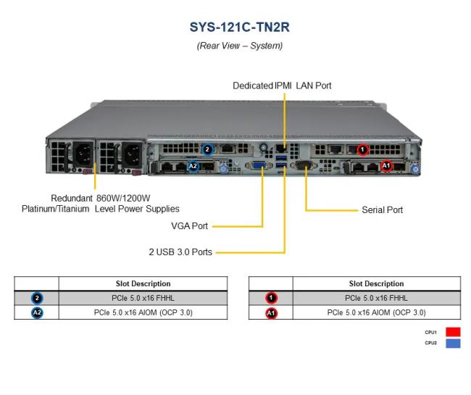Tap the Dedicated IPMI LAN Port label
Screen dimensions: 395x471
282,86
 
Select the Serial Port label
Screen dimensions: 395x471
382,210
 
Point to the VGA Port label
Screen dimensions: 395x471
189,226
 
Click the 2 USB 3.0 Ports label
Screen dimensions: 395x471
180,252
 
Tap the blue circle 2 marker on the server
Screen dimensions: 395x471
208,150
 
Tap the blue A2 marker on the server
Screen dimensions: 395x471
193,166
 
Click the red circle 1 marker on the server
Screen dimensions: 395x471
363,150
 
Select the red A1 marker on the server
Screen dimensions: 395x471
386,166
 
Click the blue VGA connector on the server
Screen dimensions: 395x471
257,166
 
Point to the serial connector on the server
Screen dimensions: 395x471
304,166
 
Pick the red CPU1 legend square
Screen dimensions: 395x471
453,332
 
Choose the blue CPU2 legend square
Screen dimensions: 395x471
453,344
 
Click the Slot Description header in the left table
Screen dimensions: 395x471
143,283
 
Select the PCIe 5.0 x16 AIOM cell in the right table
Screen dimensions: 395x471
376,312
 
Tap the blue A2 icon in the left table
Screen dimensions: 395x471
37,313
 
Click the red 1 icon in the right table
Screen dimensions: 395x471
271,298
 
